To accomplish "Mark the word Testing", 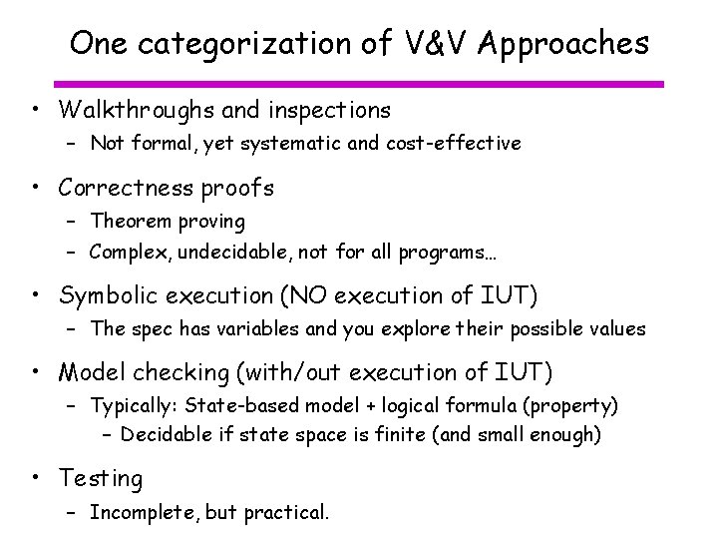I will [x=101, y=479].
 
